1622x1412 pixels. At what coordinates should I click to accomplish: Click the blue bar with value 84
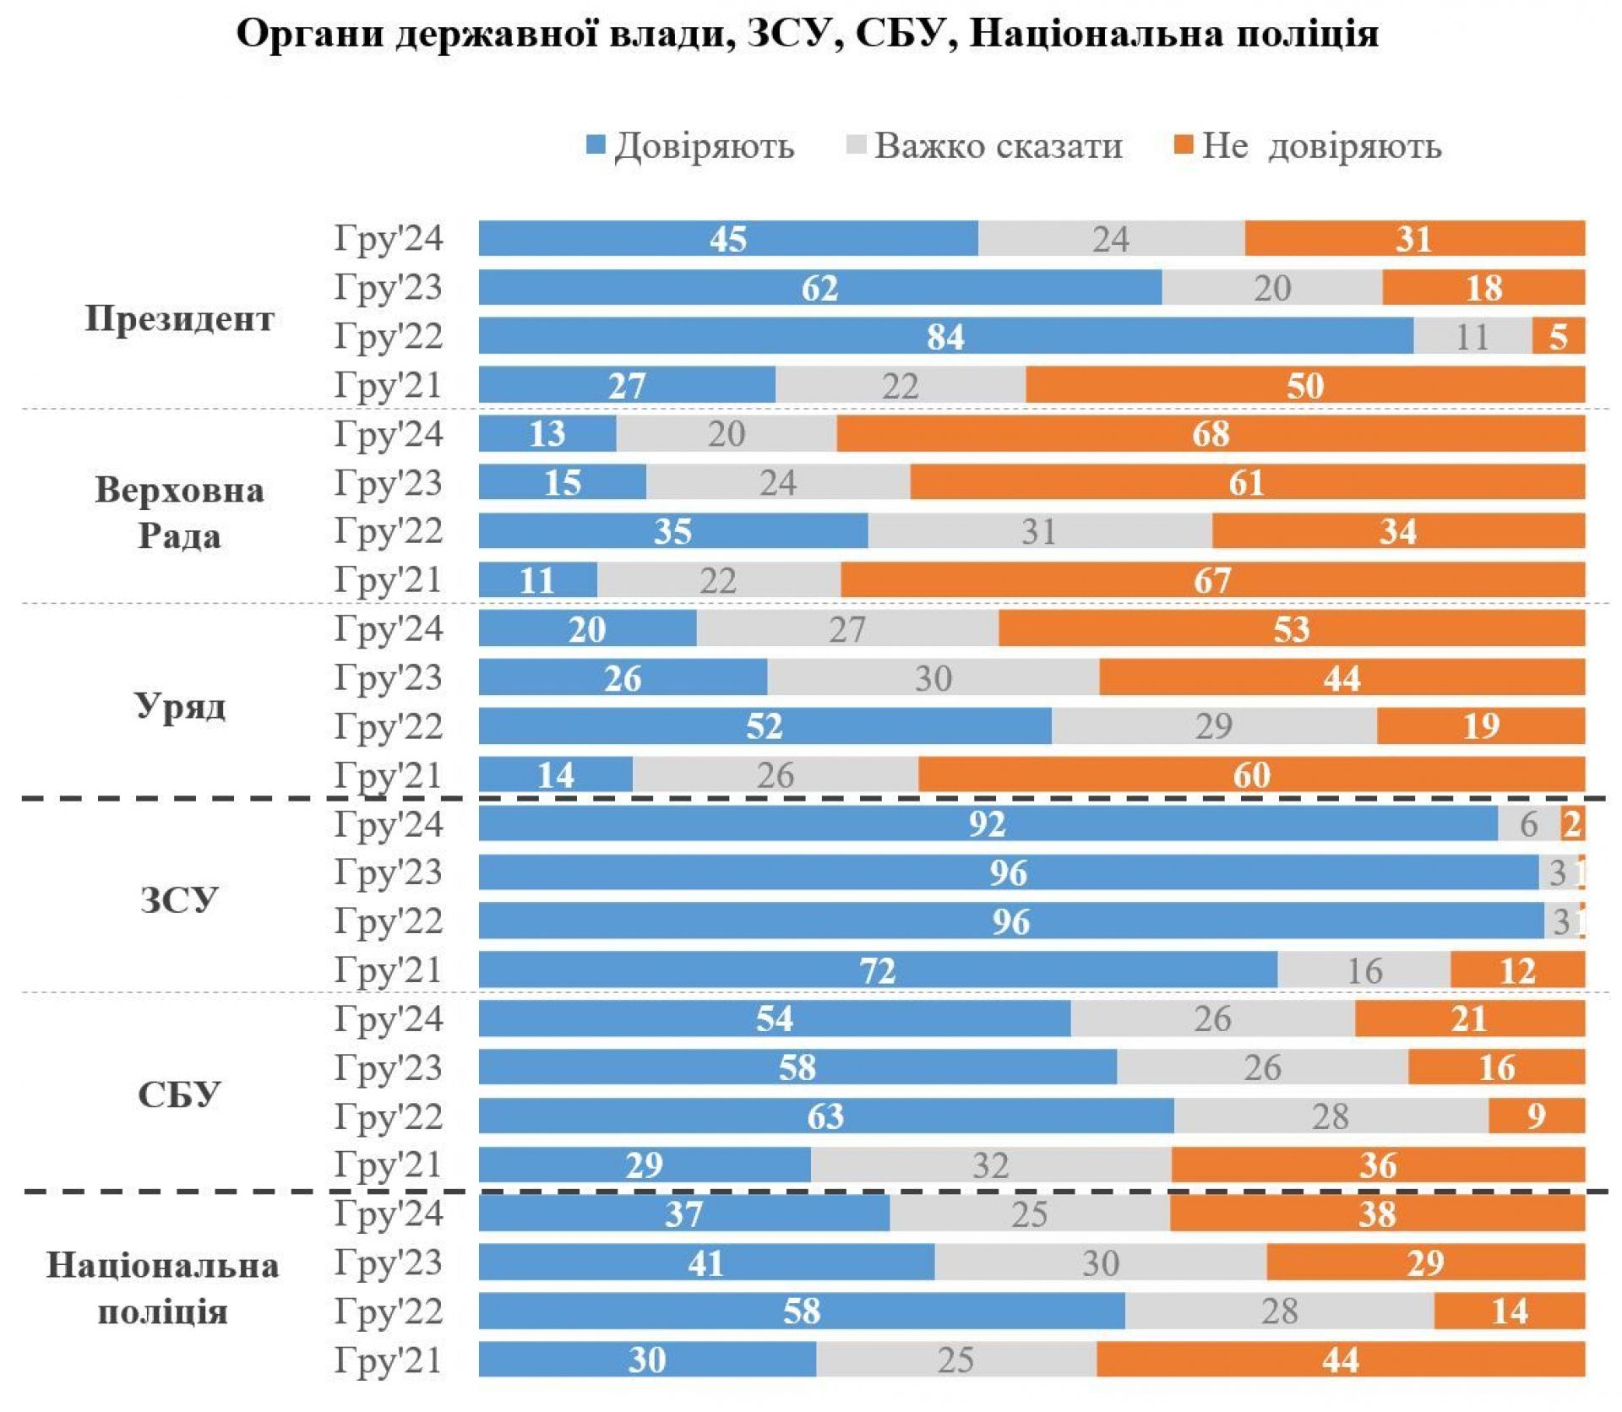(x=945, y=336)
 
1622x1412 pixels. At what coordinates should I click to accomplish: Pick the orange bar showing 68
(x=1210, y=434)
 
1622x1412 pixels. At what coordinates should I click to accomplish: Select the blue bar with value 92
(x=988, y=823)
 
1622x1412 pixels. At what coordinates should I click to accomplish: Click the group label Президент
(x=180, y=319)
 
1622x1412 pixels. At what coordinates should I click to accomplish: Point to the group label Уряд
(x=180, y=704)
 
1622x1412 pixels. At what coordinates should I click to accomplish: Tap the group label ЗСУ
(x=178, y=899)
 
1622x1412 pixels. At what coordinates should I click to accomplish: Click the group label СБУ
(x=178, y=1094)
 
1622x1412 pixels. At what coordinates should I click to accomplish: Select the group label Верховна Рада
(x=179, y=512)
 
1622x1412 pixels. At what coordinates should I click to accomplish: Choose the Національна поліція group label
(x=162, y=1289)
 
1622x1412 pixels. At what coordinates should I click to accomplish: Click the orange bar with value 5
(x=1558, y=336)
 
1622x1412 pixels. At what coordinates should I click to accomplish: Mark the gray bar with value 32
(x=990, y=1165)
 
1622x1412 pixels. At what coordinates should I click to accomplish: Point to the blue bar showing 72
(x=877, y=969)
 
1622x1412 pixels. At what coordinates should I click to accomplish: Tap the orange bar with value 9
(x=1536, y=1116)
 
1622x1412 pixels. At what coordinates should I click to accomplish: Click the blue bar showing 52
(x=765, y=726)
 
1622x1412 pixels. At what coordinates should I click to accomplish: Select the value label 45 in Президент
(x=727, y=239)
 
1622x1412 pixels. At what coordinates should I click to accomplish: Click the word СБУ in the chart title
(x=906, y=34)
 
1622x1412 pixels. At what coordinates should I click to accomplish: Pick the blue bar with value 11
(x=537, y=580)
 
